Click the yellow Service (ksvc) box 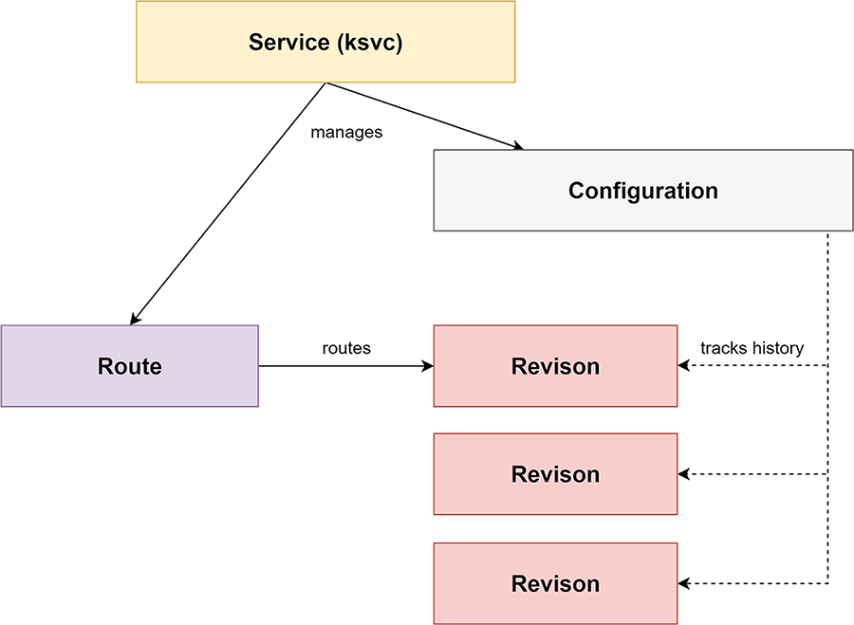325,42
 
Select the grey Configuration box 643,191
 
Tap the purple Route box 130,366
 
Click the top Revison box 555,366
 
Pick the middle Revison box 555,474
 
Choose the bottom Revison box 555,583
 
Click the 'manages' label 346,132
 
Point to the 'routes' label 346,348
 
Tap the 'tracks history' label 752,348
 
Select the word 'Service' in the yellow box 289,42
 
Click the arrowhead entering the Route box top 135,319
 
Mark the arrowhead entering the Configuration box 516,145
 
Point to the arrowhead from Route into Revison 428,366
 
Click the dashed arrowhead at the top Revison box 683,366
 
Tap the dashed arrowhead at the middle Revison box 683,474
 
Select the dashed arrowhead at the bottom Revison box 683,583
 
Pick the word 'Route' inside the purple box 130,366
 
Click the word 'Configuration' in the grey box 643,191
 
